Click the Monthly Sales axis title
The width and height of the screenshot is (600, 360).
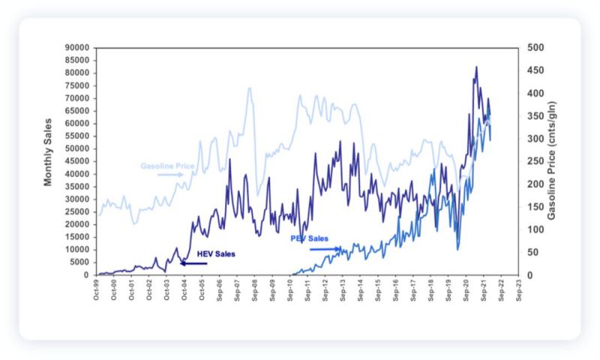pos(48,151)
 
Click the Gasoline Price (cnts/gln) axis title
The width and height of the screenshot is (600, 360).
pos(552,160)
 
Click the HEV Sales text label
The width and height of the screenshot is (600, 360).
pos(216,254)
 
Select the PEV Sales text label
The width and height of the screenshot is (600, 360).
pos(309,238)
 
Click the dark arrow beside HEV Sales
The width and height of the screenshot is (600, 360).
pos(193,263)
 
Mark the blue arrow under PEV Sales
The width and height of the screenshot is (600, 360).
pos(324,248)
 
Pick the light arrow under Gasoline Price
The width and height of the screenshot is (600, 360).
pos(170,175)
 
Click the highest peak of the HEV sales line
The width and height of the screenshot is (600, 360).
pos(475,67)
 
